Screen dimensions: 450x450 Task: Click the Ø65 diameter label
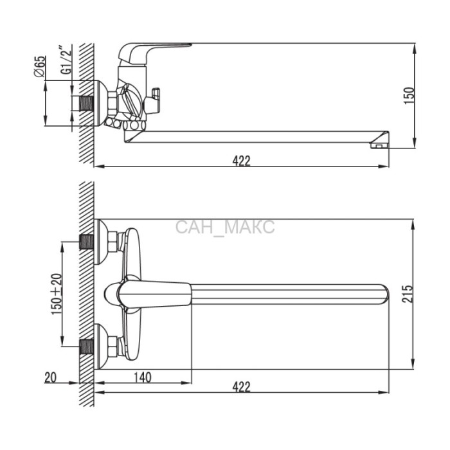pos(40,66)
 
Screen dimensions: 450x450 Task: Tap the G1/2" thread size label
pos(66,59)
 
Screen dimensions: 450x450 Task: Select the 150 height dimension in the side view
pos(410,96)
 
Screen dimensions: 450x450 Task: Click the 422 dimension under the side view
pos(241,161)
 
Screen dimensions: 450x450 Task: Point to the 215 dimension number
pos(408,294)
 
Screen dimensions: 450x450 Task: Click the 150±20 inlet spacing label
pos(57,294)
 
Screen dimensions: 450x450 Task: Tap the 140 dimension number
pos(143,377)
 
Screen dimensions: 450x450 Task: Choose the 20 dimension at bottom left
pos(51,377)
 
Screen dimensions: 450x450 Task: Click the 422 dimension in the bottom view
pos(241,387)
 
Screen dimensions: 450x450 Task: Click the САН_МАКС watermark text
pos(225,227)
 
